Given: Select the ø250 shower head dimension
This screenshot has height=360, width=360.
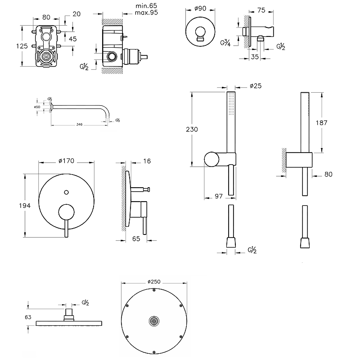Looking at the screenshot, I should [x=154, y=282].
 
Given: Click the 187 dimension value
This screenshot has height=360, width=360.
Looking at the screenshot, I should [x=334, y=122].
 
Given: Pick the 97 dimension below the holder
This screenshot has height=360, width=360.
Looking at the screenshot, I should [x=219, y=196].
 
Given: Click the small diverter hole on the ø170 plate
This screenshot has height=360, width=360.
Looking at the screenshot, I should [x=67, y=193].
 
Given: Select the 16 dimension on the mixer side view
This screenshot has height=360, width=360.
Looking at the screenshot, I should [x=147, y=160].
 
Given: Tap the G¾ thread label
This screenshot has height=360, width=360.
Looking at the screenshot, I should [x=226, y=44].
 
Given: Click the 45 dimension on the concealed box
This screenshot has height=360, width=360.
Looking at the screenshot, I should [x=73, y=38].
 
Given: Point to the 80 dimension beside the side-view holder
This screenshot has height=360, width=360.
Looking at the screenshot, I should [x=328, y=174].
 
